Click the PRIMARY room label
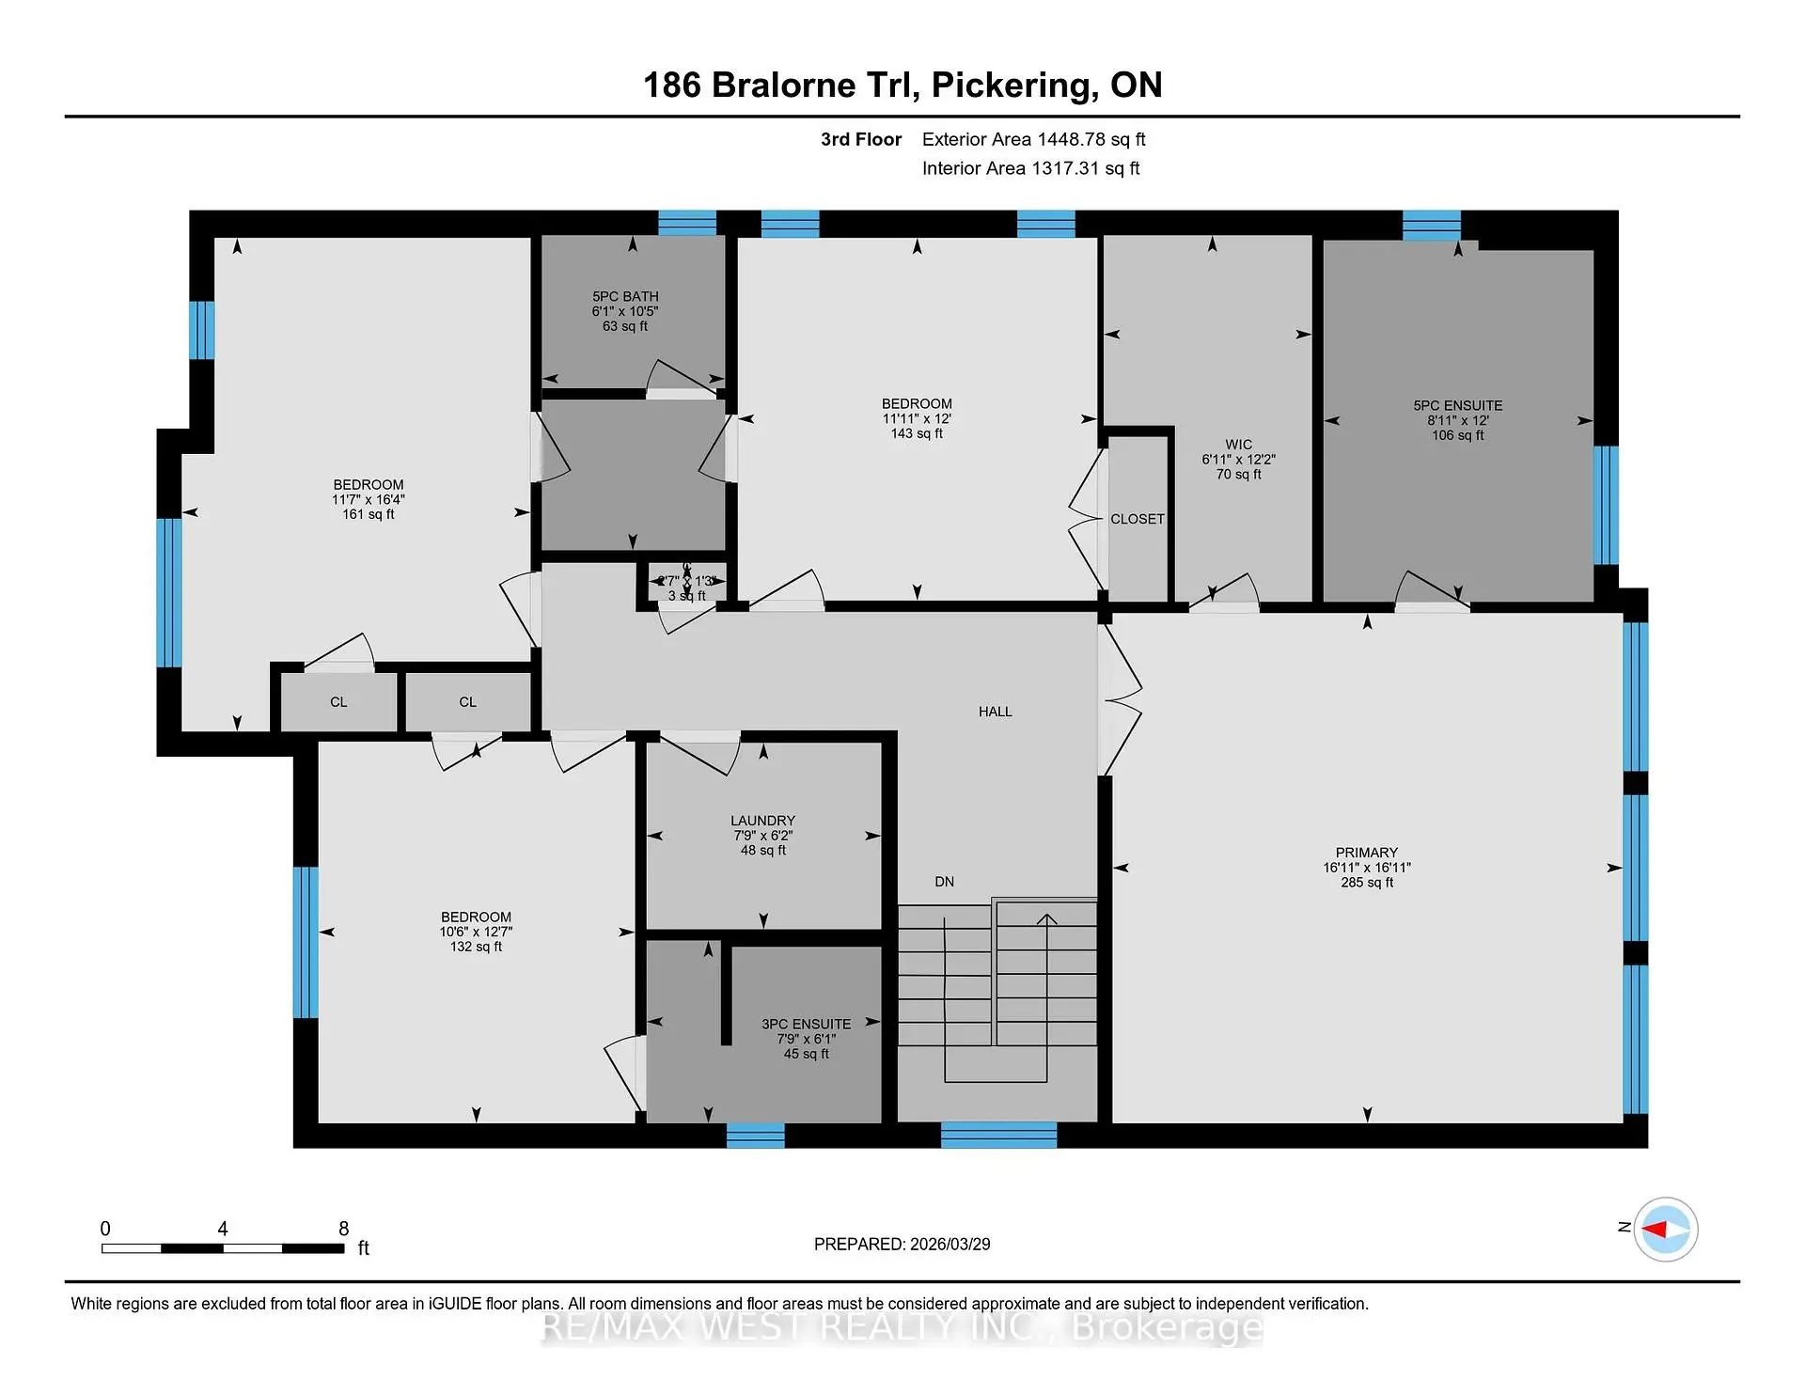[1366, 853]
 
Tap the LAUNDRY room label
[762, 821]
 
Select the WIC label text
[1238, 445]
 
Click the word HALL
[995, 712]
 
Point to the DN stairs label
[944, 882]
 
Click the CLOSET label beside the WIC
[1137, 519]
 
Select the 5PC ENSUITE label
[1457, 406]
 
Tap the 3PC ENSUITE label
[806, 1025]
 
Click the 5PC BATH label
[625, 296]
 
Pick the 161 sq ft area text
[368, 514]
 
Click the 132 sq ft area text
[476, 947]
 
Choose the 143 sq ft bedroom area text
[917, 433]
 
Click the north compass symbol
[1665, 1229]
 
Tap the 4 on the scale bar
[223, 1229]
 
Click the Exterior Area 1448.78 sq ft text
[1033, 139]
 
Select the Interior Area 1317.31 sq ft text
[1030, 168]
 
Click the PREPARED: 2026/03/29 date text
[902, 1244]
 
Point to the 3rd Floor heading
[860, 139]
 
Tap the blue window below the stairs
[998, 1135]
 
